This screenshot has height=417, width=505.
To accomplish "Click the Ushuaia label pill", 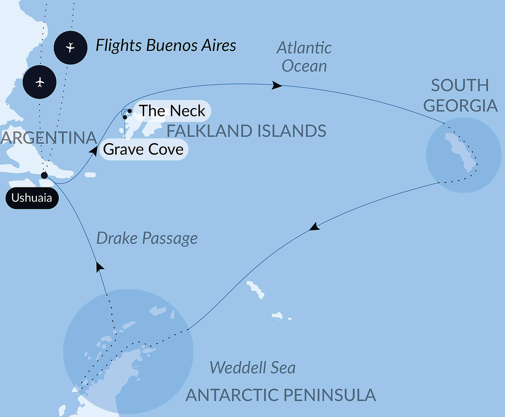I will coord(32,198).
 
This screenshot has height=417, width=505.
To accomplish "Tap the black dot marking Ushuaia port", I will coord(44,176).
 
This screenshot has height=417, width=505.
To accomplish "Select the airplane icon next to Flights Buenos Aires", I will coord(70,47).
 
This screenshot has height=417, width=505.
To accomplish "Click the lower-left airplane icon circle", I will coord(39,82).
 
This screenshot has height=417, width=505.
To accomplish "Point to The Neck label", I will coord(172,111).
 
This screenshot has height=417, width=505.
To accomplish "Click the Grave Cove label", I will coord(143,150).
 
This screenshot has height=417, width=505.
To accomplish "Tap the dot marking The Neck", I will coord(130,111).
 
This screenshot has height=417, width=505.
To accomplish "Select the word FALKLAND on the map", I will coord(206,131).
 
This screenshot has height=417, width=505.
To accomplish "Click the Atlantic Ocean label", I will coord(304,57).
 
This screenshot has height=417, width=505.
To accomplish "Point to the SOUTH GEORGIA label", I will coord(460,95).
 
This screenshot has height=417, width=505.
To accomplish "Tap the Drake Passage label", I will coord(147,238).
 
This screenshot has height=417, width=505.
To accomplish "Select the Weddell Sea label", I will coord(252,368).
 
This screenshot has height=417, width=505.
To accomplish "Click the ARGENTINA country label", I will coord(49,138).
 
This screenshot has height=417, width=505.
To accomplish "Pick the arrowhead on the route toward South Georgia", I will coord(276,85).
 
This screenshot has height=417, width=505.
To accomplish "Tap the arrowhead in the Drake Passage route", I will coord(100,267).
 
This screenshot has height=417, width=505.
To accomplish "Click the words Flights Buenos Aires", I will coord(166,46).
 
